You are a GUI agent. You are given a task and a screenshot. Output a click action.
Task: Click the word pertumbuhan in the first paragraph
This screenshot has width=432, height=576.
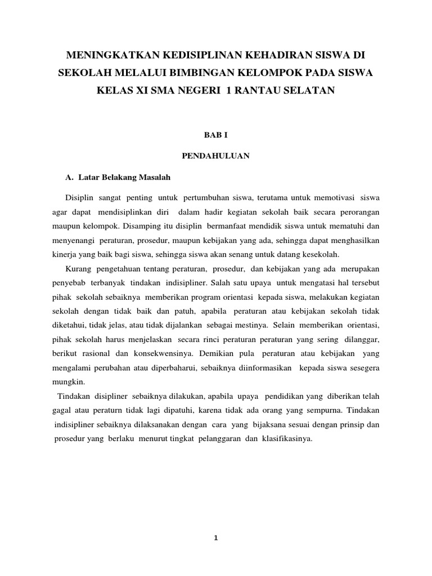click(x=205, y=198)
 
